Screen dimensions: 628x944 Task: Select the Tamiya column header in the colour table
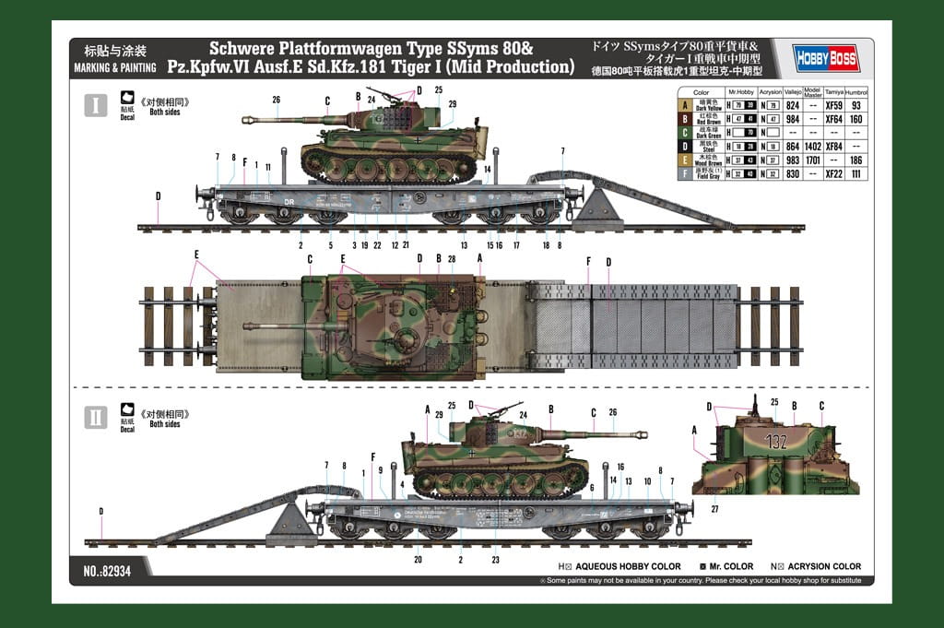pyautogui.click(x=833, y=92)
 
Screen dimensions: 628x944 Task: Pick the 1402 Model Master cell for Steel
pyautogui.click(x=811, y=146)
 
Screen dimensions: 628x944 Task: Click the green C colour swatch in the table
pyautogui.click(x=684, y=132)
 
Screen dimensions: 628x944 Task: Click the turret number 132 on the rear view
pyautogui.click(x=775, y=441)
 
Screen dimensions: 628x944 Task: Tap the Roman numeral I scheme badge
pyautogui.click(x=95, y=104)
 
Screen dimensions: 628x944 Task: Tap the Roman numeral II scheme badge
pyautogui.click(x=95, y=417)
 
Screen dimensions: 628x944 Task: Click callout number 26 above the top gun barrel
pyautogui.click(x=276, y=99)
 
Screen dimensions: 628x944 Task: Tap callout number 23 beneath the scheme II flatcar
pyautogui.click(x=495, y=559)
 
